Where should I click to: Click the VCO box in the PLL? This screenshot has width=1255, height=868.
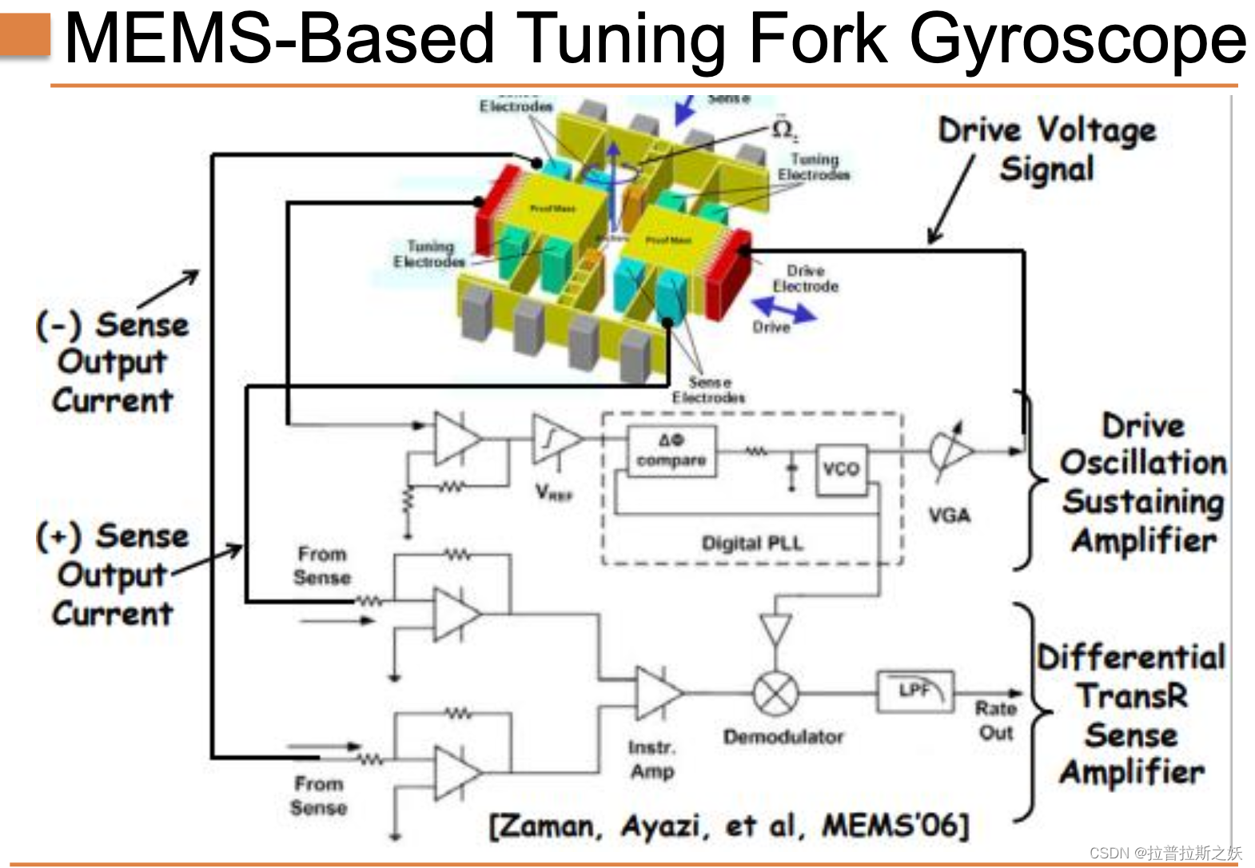[x=841, y=468]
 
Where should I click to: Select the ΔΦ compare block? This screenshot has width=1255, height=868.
[x=671, y=451]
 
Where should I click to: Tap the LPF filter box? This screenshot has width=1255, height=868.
[x=915, y=691]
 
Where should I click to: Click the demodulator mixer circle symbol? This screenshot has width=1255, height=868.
[x=775, y=693]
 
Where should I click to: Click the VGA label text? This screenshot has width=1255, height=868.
[x=949, y=516]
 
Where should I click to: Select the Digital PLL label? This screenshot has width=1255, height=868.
[x=752, y=543]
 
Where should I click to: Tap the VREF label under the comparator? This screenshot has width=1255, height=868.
[x=554, y=493]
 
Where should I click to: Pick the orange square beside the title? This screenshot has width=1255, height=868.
[x=26, y=35]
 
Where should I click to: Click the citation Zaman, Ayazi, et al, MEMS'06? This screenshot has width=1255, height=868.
[x=728, y=826]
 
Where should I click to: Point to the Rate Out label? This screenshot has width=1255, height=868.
[x=996, y=720]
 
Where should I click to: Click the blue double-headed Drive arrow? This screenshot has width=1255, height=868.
[x=784, y=310]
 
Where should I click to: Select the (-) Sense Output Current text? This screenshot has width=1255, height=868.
[x=113, y=362]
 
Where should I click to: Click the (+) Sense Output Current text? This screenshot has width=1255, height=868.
[x=113, y=574]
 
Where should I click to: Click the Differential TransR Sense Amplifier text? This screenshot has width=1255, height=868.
[x=1131, y=715]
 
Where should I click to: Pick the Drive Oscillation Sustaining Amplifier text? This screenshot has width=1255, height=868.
[x=1144, y=483]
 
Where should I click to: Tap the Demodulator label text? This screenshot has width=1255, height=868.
[x=783, y=737]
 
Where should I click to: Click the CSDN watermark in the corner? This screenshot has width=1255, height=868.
[x=1165, y=853]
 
